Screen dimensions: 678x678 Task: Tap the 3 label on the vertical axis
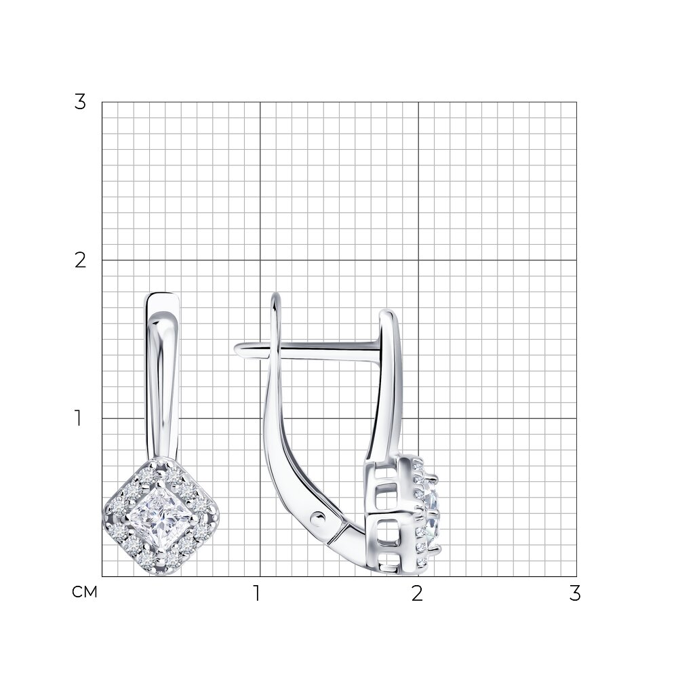(80, 102)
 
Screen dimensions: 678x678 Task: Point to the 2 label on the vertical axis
(80, 260)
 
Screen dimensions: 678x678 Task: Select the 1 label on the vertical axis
(78, 418)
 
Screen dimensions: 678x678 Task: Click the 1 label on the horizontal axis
(257, 593)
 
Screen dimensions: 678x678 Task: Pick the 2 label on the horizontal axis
(417, 593)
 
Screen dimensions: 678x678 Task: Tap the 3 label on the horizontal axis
(575, 593)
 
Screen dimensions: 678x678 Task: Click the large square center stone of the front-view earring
(161, 517)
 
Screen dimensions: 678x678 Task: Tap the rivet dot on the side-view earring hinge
(318, 517)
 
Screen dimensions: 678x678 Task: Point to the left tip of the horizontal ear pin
(236, 348)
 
